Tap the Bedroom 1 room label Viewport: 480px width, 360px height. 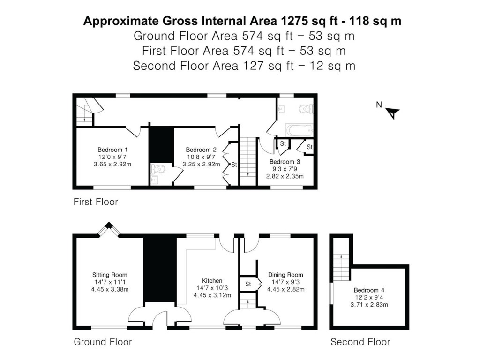110,150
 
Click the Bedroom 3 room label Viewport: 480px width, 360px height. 285,162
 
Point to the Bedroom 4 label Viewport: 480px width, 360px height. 369,290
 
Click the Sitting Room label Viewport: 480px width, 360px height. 110,275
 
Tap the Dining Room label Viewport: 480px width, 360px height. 285,275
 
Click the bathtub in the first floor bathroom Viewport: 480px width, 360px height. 299,130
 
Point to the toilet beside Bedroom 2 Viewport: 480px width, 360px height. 158,168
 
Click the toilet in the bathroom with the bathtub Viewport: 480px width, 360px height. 305,109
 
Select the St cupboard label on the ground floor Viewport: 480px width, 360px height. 248,284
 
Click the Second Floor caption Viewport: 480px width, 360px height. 360,342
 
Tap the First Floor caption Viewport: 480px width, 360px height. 96,202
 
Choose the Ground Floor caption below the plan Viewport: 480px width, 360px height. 103,342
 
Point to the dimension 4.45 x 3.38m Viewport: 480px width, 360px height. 110,289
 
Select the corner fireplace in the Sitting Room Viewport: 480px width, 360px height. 109,228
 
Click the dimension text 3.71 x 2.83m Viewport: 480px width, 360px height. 369,305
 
